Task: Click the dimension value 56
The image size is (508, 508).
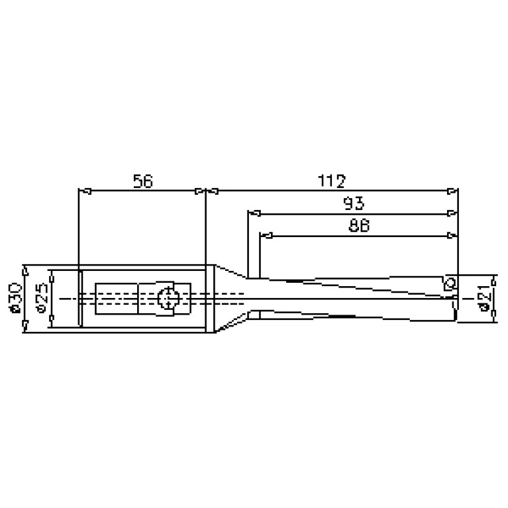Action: pos(143,181)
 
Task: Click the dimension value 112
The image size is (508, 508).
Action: pos(331,181)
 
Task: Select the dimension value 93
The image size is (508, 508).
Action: pos(354,203)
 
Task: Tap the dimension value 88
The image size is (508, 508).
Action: pos(359,225)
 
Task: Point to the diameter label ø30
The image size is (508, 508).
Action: pos(15,299)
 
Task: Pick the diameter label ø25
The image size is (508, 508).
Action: pos(42,299)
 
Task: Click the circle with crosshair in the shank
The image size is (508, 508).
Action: pos(168,298)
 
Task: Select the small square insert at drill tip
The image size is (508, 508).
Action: pos(450,283)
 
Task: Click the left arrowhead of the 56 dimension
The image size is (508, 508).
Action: pos(85,191)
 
